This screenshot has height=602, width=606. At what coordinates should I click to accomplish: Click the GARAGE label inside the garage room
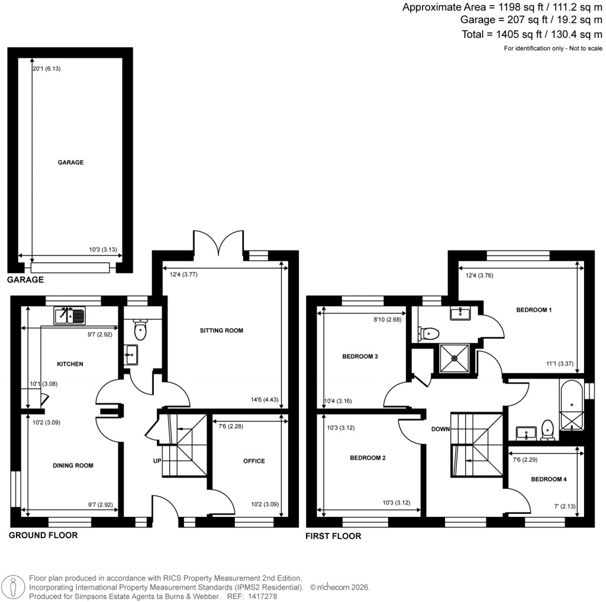(70, 162)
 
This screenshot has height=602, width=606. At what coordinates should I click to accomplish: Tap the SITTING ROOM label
(221, 331)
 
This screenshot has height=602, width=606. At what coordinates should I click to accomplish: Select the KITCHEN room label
(70, 364)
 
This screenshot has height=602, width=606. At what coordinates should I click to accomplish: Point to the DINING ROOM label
(73, 465)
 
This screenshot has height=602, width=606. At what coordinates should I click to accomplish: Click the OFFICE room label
(254, 461)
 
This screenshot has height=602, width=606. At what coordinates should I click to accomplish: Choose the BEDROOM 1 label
(534, 309)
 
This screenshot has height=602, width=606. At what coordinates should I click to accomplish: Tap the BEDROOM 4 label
(549, 479)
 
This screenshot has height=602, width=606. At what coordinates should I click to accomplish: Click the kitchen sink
(70, 316)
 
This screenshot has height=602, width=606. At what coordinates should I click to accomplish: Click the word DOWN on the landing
(441, 429)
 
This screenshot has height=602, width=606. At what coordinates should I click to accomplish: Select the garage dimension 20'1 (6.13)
(47, 69)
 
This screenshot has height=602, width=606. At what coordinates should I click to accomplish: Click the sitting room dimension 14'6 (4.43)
(266, 400)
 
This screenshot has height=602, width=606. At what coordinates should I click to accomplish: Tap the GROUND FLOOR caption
(43, 535)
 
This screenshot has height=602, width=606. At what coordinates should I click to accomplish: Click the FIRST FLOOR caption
(333, 536)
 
